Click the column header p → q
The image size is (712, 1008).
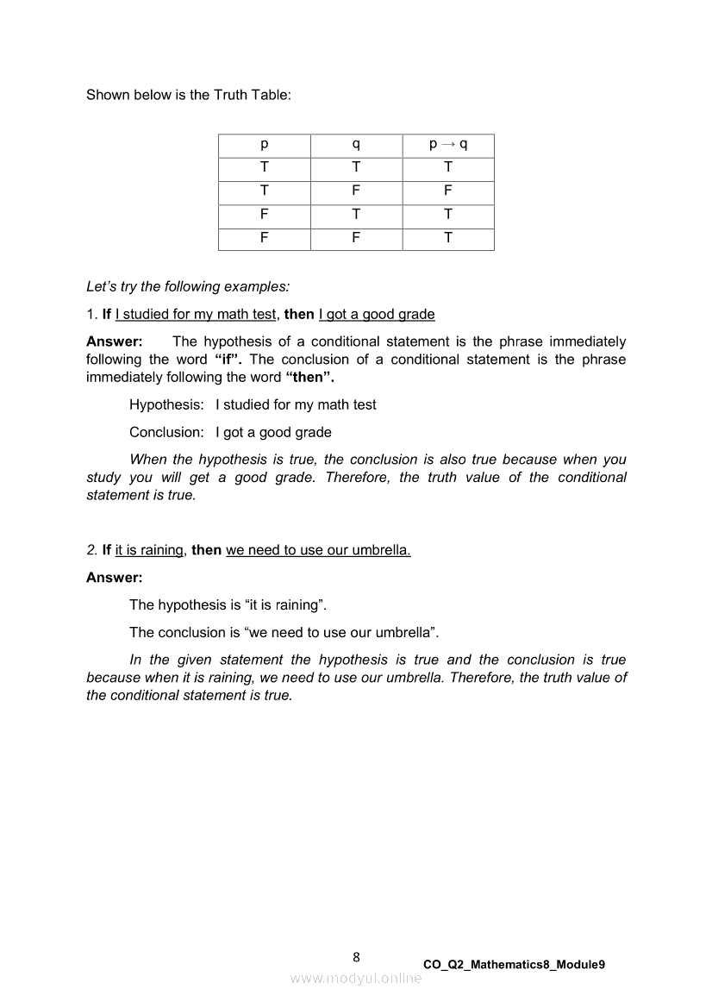(x=448, y=145)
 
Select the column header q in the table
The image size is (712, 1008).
(x=356, y=145)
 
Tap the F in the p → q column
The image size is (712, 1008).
(x=448, y=191)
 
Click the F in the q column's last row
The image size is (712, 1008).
(x=356, y=238)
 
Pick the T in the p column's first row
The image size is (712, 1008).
(x=264, y=168)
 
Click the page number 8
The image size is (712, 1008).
(x=357, y=956)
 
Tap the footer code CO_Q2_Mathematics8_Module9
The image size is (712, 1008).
(x=514, y=965)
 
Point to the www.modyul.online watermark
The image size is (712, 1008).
(x=356, y=978)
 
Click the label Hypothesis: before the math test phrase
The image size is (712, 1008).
(x=166, y=404)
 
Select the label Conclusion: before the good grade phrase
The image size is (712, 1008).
(x=166, y=432)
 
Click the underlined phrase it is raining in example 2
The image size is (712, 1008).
(x=149, y=550)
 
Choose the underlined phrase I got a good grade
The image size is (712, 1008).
(x=377, y=314)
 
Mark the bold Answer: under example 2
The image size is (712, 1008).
(x=114, y=577)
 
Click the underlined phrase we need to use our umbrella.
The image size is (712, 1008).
(x=318, y=550)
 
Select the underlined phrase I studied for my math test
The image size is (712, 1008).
(x=196, y=314)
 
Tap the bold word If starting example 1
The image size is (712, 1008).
(x=107, y=314)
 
